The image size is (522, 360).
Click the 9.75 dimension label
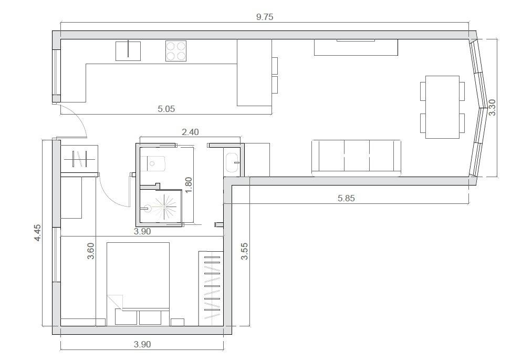click(265, 17)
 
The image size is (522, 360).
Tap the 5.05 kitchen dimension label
click(166, 109)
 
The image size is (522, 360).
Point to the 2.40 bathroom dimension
click(190, 132)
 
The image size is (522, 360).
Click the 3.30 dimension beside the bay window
click(493, 108)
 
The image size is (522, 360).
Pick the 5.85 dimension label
click(346, 199)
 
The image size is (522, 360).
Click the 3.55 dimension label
click(244, 251)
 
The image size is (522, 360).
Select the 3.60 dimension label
click(90, 251)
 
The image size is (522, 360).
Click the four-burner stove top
click(176, 51)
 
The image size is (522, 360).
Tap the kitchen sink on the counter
click(128, 52)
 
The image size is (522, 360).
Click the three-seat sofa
click(356, 158)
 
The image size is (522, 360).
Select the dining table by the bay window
click(442, 107)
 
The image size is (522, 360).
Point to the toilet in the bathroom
click(153, 163)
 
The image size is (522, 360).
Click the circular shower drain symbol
click(148, 209)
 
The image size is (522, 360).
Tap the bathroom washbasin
click(232, 162)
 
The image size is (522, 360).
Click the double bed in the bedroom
click(138, 283)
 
